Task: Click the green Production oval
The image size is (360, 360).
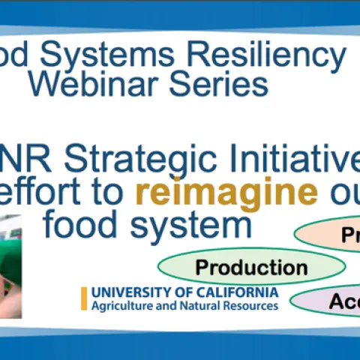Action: point(250,268)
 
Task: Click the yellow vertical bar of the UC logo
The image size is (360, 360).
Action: point(84,298)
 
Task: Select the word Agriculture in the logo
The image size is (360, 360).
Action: point(120,306)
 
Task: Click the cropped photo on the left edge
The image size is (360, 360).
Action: point(10,266)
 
